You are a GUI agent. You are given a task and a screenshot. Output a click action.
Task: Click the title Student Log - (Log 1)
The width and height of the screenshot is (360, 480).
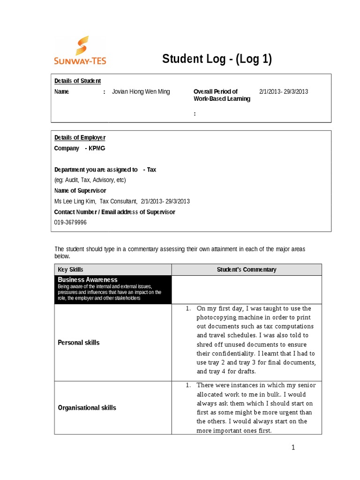(x=217, y=59)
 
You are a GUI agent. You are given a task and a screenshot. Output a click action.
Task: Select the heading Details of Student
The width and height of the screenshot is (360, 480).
(x=77, y=81)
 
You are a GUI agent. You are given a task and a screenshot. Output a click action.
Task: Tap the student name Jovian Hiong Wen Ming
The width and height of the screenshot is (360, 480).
(x=141, y=92)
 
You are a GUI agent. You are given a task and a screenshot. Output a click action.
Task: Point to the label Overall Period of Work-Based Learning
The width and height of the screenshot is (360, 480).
(x=222, y=95)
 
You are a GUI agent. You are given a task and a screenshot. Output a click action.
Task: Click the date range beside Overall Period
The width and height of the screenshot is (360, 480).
(x=283, y=92)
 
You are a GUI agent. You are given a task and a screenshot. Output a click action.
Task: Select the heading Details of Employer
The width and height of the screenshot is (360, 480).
(x=80, y=137)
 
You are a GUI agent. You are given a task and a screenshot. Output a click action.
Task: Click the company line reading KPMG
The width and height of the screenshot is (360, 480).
(x=80, y=148)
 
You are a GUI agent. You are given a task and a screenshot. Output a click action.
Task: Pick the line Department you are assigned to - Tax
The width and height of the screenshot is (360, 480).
(x=105, y=170)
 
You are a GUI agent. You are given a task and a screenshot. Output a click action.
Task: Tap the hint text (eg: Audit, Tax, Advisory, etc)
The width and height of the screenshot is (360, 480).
(x=90, y=180)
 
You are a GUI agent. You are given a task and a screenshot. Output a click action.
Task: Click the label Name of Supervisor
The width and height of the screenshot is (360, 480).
(x=80, y=191)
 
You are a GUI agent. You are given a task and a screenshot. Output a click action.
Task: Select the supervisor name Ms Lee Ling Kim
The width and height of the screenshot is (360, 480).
(x=75, y=202)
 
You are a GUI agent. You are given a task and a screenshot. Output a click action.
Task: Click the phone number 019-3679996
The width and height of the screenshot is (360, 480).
(x=70, y=223)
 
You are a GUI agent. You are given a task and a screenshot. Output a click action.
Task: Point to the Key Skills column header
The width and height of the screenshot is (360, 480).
(x=70, y=270)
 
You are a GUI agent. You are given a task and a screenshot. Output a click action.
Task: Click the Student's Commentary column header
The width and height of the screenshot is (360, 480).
(x=247, y=270)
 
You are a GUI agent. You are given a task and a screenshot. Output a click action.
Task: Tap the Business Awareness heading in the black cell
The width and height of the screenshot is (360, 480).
(x=87, y=280)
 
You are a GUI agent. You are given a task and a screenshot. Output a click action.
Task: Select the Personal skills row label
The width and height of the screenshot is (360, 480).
(x=78, y=343)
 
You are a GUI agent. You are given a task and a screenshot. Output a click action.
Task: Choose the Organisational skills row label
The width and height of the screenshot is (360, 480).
(x=87, y=408)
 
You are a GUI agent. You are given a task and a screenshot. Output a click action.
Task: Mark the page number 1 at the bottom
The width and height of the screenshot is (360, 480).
(x=293, y=448)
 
